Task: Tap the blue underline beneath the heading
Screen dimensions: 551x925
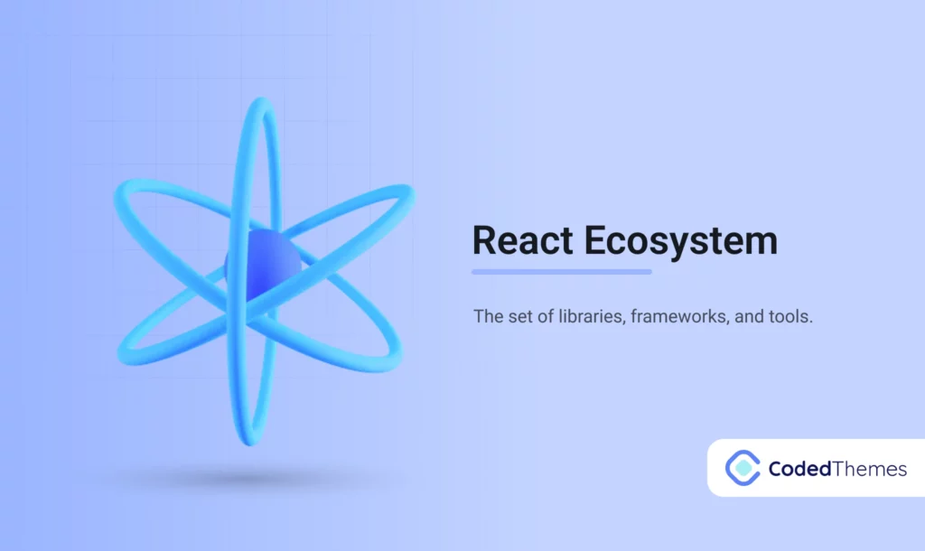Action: click(561, 271)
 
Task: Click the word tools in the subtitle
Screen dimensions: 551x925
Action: click(793, 318)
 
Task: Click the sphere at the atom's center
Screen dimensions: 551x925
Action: click(263, 263)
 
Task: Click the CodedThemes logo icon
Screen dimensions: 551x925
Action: click(743, 468)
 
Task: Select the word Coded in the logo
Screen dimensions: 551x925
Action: click(796, 469)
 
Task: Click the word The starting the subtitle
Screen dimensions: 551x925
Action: click(487, 318)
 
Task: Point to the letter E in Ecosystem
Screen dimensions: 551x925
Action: click(598, 241)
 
